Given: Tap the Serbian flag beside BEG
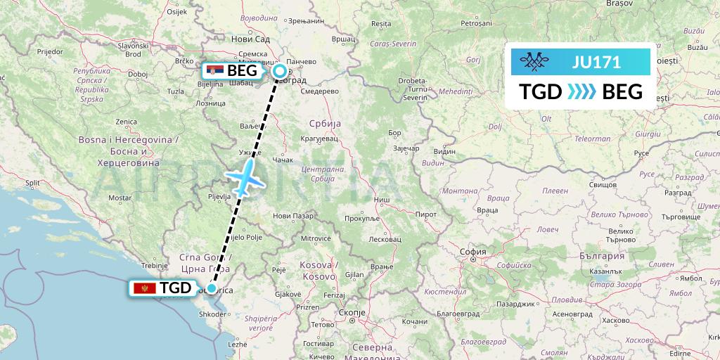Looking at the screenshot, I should point(215,70).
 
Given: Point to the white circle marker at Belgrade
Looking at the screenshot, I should point(280,70).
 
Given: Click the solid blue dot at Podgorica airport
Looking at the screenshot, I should point(211,288).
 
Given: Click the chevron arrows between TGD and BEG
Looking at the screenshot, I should point(581,92).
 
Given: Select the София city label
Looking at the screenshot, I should point(472,251).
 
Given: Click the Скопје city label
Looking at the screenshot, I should point(352,311).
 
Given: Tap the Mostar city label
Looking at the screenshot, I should point(120,198).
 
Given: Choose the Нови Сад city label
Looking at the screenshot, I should point(250,40).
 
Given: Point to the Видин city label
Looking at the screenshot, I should point(444,151).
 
